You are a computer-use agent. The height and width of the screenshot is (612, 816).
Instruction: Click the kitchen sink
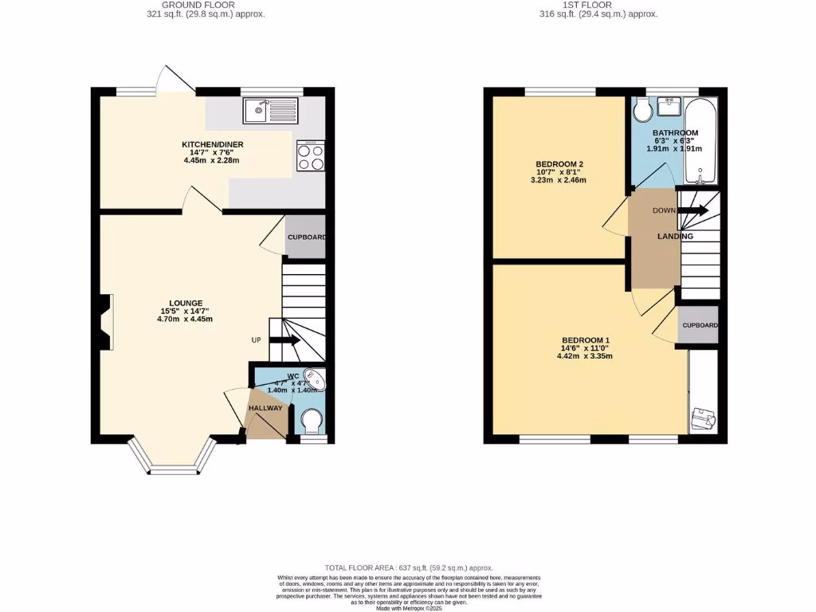pos(271,111)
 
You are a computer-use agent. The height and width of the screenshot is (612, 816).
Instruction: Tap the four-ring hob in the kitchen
pos(311,155)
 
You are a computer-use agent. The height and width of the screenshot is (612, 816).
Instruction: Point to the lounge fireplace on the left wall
pos(104,322)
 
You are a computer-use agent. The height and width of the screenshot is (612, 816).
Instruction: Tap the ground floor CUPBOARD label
pos(306,237)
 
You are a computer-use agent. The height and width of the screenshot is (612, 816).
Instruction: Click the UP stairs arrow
pos(284,340)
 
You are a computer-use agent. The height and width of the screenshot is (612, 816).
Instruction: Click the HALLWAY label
pos(265,408)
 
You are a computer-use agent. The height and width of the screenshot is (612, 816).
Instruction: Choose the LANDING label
pos(675,236)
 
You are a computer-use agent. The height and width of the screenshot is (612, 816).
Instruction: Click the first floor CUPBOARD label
pos(700,325)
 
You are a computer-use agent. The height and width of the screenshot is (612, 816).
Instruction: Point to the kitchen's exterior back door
pos(170,77)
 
